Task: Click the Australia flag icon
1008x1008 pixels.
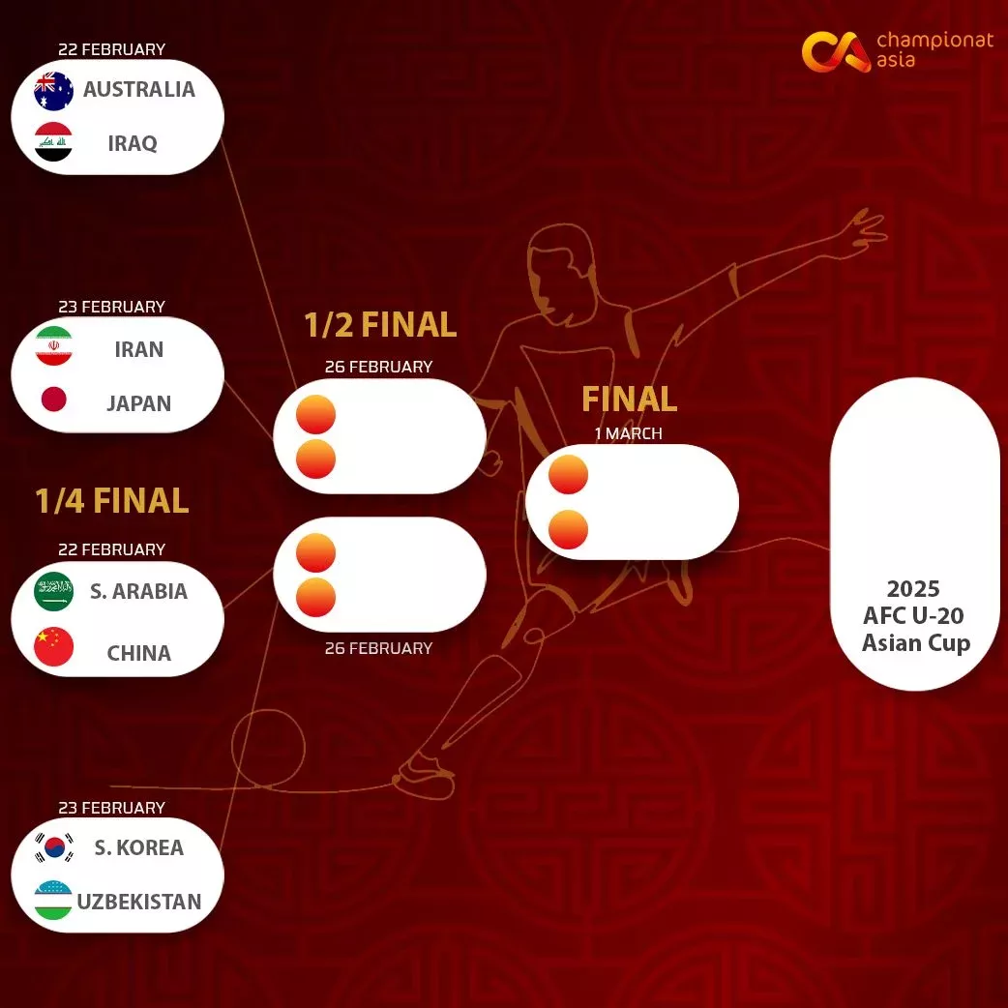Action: click(53, 91)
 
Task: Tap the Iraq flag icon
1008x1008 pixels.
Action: click(53, 141)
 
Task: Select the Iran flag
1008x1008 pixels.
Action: click(53, 346)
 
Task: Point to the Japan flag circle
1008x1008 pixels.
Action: click(53, 399)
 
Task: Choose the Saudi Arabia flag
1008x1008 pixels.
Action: click(53, 591)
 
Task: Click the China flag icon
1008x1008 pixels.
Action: click(53, 646)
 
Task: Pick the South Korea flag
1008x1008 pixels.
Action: click(53, 848)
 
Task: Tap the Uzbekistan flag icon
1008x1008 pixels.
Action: click(53, 900)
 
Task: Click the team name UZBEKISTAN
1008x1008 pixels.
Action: click(139, 902)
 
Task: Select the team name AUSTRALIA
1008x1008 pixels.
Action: click(139, 89)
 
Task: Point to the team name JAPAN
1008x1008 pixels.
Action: click(139, 403)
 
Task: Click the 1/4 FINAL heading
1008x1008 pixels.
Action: click(112, 501)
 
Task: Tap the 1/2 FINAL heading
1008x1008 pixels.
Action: click(380, 325)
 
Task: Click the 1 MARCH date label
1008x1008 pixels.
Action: click(628, 433)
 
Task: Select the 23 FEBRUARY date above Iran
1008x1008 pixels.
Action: click(112, 307)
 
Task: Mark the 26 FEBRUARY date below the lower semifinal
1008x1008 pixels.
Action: click(378, 648)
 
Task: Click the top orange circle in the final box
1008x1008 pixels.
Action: click(568, 474)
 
